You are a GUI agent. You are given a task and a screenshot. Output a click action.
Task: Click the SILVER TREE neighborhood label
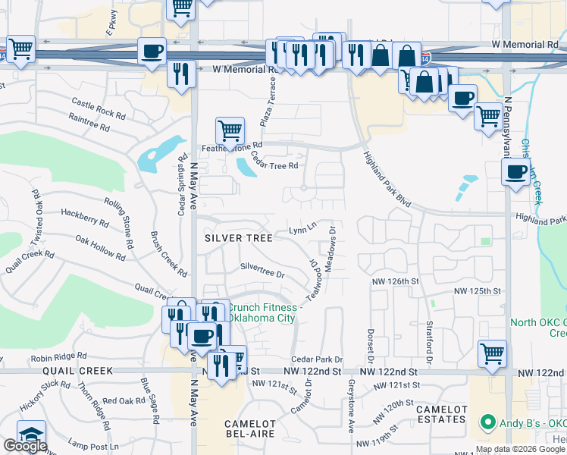[x=239, y=237]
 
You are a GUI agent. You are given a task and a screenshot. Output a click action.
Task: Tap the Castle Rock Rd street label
[x=99, y=108]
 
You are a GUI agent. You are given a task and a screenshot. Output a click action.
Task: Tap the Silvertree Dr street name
[x=262, y=270]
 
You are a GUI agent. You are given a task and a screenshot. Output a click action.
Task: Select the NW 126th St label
[x=395, y=281]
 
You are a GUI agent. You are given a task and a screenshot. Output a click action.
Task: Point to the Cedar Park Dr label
[x=318, y=359]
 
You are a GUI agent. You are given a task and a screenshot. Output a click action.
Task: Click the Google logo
[x=25, y=446]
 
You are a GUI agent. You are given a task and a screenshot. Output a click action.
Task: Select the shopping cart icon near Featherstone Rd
[x=230, y=130]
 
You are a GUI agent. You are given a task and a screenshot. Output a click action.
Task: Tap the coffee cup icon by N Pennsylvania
[x=515, y=171]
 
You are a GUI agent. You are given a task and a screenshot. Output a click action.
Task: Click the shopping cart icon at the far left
[x=21, y=49]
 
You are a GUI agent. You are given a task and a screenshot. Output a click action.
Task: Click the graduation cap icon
[x=31, y=435]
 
